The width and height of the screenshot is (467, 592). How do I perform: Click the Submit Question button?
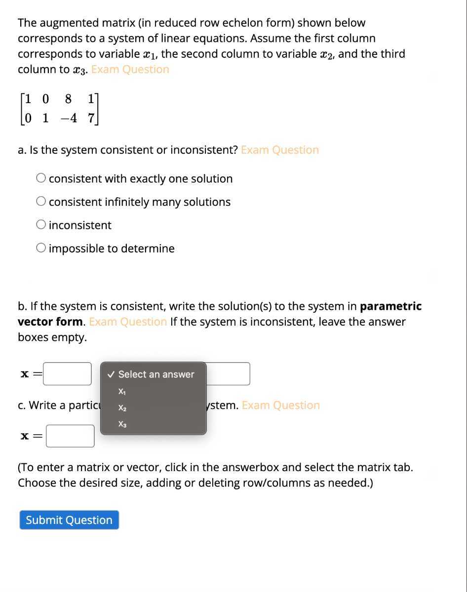coord(69,520)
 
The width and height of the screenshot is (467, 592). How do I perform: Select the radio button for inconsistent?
coord(41,225)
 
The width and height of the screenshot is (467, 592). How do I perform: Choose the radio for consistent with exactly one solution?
coord(41,179)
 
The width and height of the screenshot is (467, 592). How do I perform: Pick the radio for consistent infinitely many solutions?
coord(41,202)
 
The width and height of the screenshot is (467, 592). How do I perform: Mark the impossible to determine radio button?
coord(41,248)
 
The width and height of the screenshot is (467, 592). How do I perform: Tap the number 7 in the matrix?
coord(90,119)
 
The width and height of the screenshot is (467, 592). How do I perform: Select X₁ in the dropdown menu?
coord(121,392)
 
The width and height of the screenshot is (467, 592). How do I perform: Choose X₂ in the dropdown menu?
coord(121,408)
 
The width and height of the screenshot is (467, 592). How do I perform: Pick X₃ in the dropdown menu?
coord(121,424)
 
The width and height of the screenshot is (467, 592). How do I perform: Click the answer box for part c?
coord(70,436)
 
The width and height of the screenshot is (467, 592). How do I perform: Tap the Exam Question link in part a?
coord(280,150)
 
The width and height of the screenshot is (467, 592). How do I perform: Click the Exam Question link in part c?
coord(281,406)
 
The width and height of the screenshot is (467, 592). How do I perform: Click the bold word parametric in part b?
coord(390,306)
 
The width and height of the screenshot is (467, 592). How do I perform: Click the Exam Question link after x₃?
coord(130,70)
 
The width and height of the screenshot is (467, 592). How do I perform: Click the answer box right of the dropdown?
coord(228,374)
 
